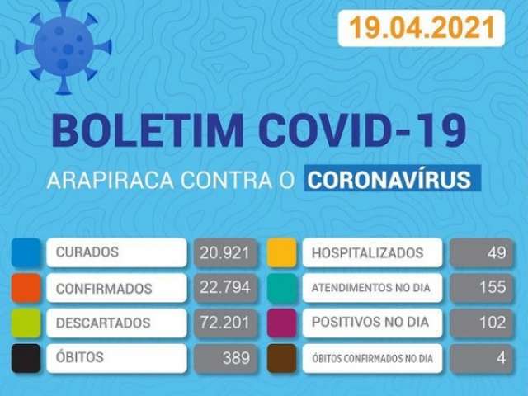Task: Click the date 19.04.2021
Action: (x=422, y=27)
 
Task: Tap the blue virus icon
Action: (x=63, y=47)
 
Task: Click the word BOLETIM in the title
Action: (x=147, y=130)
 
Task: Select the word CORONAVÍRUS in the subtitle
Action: (x=389, y=180)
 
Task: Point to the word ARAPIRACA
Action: (x=111, y=180)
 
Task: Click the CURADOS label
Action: (x=87, y=252)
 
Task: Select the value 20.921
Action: (x=224, y=252)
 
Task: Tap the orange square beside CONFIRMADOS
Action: (x=26, y=288)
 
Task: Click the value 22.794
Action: (x=225, y=287)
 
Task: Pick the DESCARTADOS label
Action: (x=103, y=323)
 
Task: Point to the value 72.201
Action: (x=224, y=323)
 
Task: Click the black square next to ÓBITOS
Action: (x=26, y=358)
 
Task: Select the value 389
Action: (x=237, y=357)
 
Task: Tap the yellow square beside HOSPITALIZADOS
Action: (x=282, y=252)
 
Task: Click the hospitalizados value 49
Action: (x=497, y=252)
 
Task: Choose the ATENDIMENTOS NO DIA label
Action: (x=370, y=288)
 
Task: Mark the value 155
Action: (x=493, y=287)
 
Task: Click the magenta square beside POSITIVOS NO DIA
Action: (x=282, y=323)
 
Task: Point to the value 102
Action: (x=493, y=323)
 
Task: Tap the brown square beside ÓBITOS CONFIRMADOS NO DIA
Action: (x=282, y=358)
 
